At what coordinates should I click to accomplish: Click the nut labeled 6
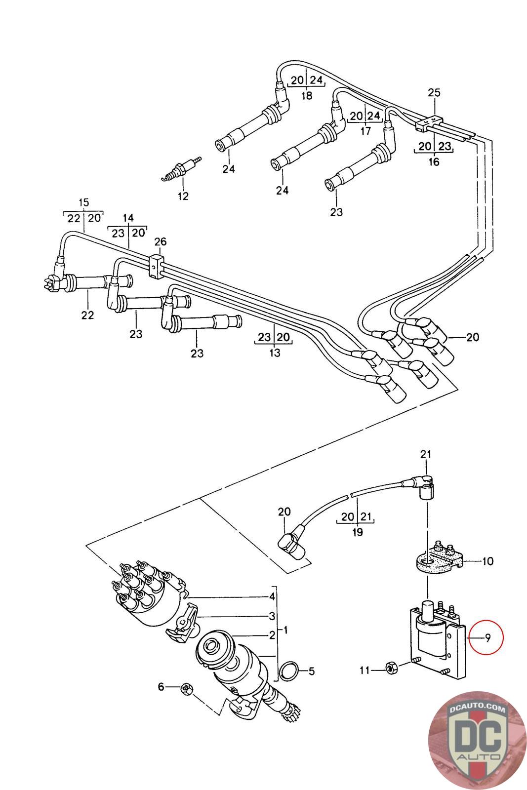tap(187, 688)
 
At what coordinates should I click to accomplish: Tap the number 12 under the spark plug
tap(183, 196)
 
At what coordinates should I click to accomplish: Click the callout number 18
tap(307, 95)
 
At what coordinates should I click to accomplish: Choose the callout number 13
tap(275, 353)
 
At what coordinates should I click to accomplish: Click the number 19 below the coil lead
tap(358, 532)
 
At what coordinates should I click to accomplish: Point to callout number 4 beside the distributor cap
tap(272, 596)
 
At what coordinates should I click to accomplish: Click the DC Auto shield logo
tap(476, 741)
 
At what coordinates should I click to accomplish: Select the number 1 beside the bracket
tap(285, 630)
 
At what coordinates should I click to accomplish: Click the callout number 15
tap(83, 202)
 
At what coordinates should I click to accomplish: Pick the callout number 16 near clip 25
tap(433, 161)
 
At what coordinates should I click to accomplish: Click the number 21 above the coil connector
tap(425, 454)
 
